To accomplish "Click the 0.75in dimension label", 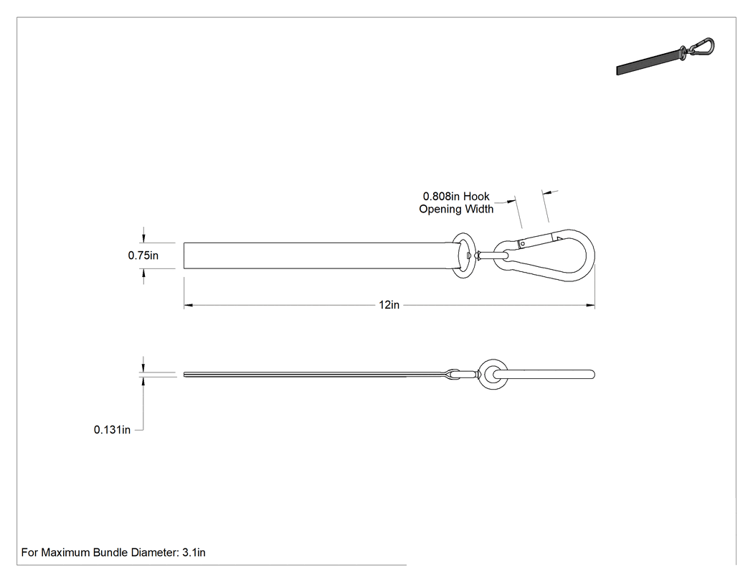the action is [143, 255].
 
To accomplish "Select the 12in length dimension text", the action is [389, 305].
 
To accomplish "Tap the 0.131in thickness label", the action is [112, 430].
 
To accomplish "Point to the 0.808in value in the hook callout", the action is [441, 196].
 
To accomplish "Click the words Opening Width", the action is [456, 209].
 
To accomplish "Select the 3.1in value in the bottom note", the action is [194, 552].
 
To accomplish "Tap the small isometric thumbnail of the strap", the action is [665, 56].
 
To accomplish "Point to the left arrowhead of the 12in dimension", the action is [188, 305].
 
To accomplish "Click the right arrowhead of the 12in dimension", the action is [590, 305].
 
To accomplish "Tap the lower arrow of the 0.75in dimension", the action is [143, 276].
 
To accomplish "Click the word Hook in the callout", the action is [476, 196].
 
